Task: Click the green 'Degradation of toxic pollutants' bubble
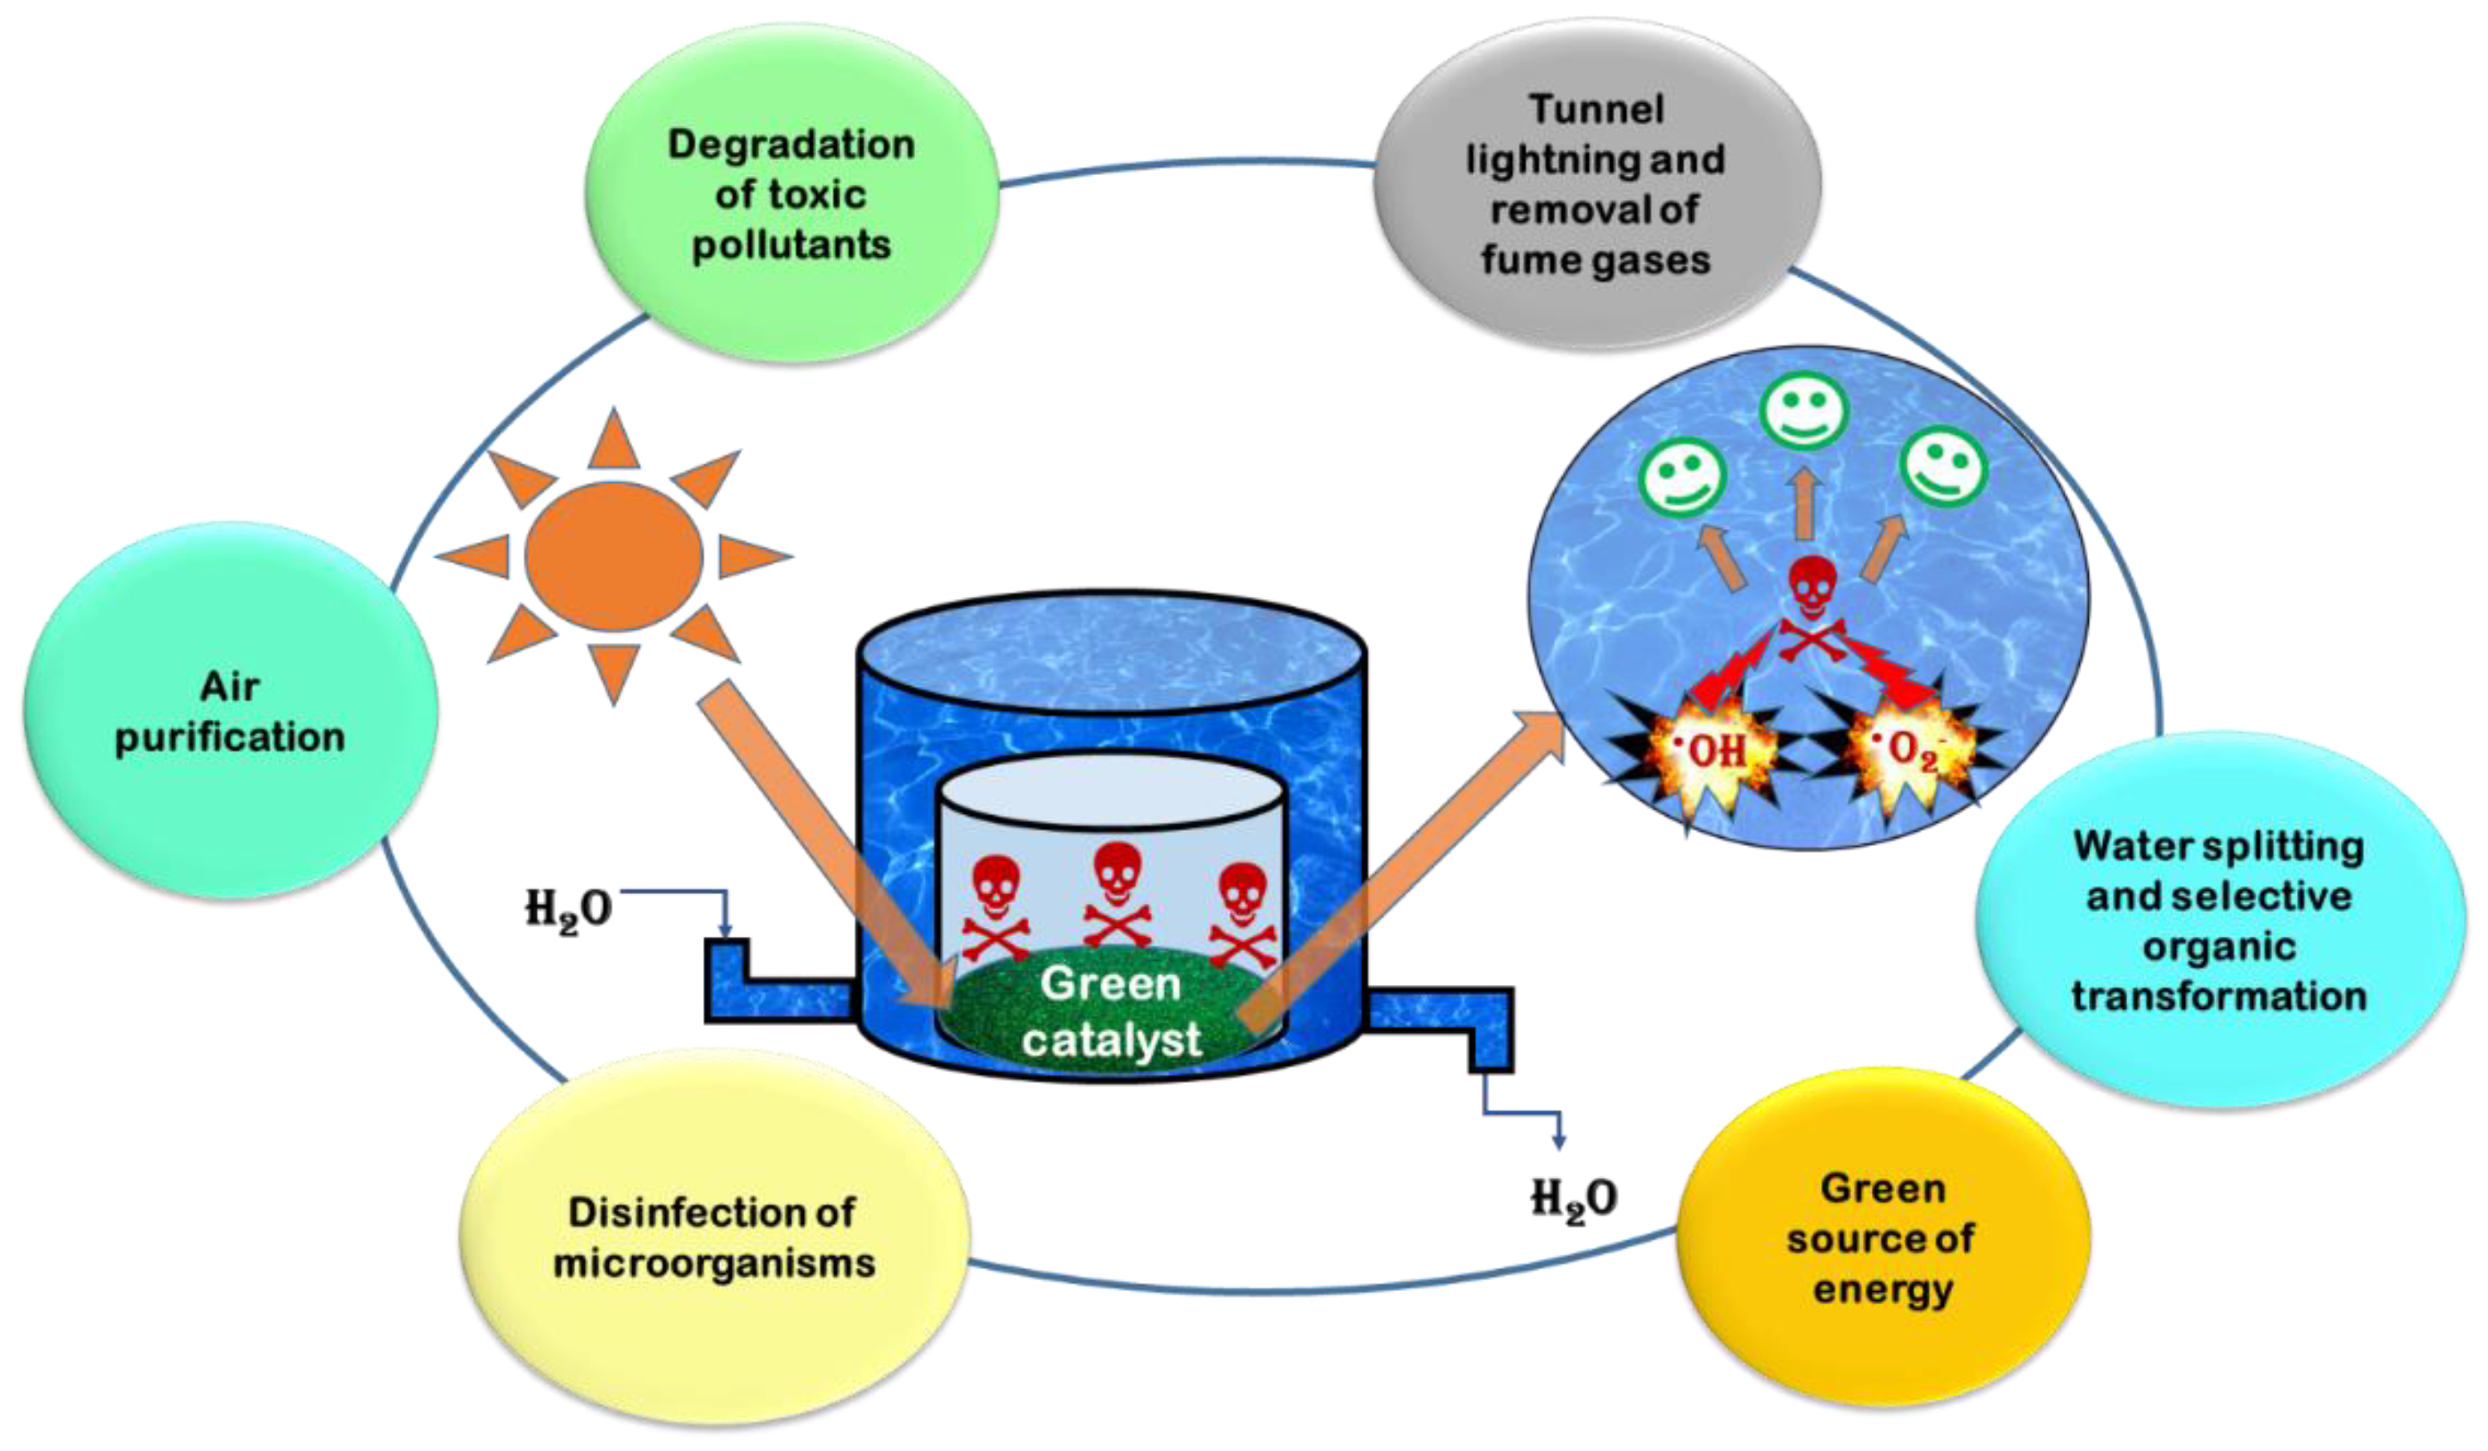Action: (792, 194)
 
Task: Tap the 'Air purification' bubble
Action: (230, 711)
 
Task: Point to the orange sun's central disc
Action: (613, 556)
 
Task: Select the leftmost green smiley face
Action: (1681, 476)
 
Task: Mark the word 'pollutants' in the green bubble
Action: (792, 243)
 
